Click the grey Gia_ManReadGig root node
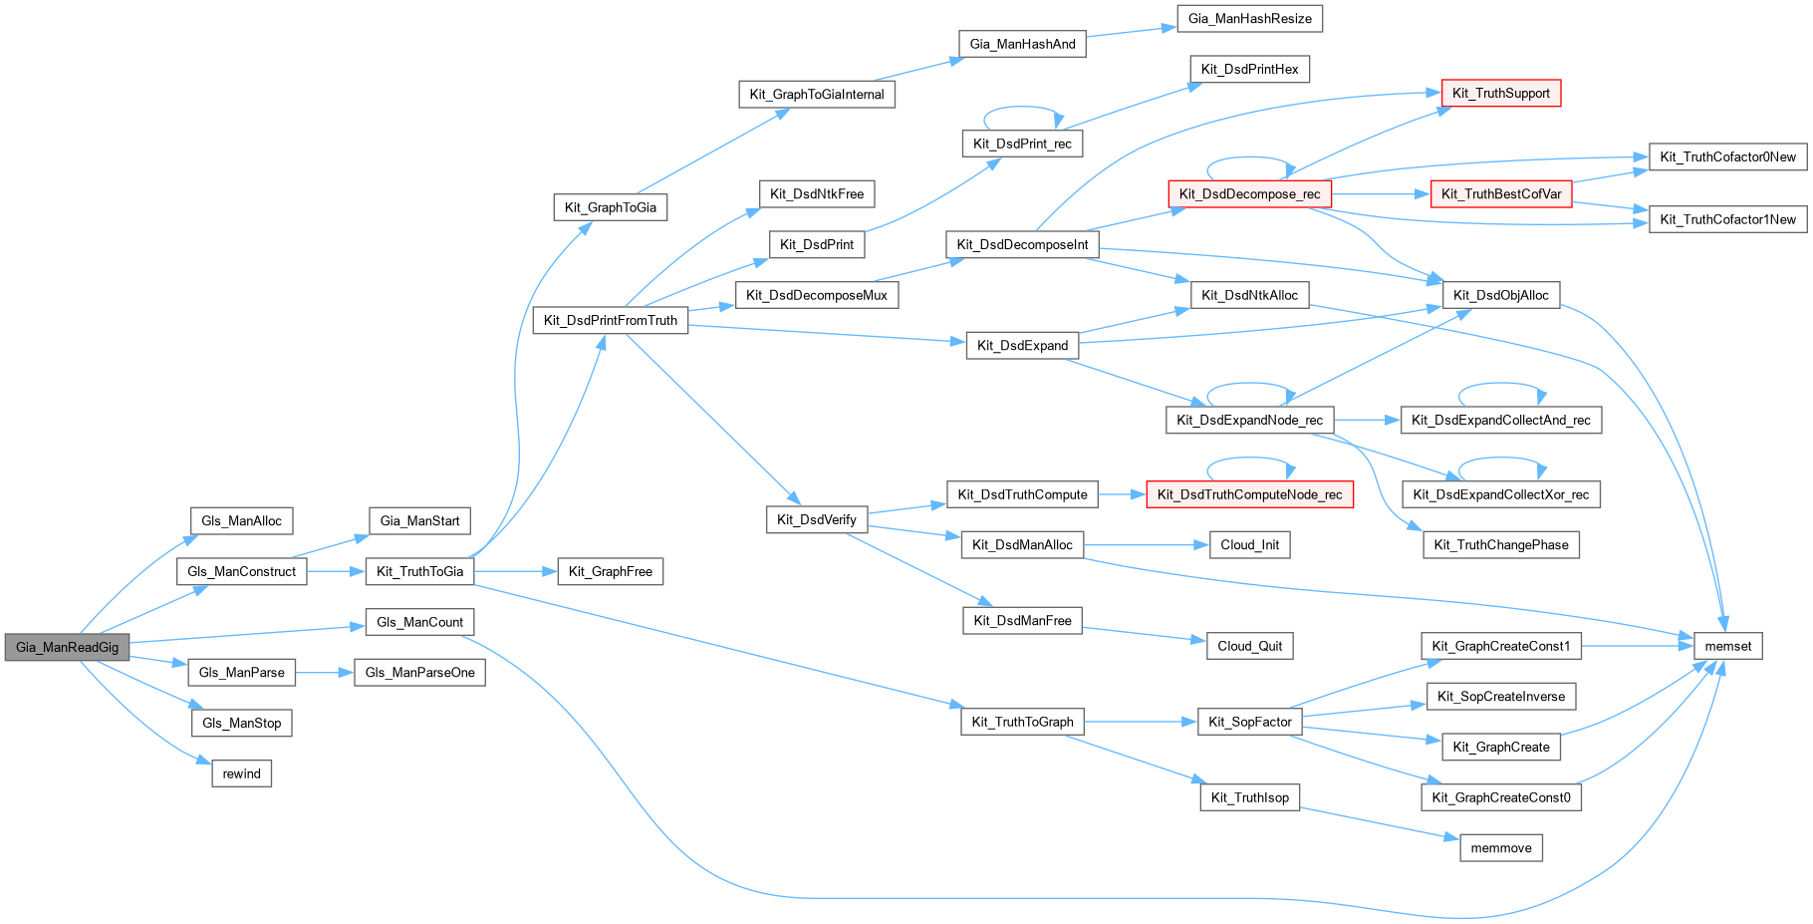(x=67, y=647)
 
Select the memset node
(x=1727, y=646)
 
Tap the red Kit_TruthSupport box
(x=1500, y=93)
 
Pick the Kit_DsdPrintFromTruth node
(x=610, y=320)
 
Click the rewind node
(x=241, y=773)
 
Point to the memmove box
(x=1500, y=848)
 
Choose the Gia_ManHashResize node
(x=1249, y=18)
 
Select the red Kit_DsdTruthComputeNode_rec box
(x=1249, y=494)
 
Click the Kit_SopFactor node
(x=1249, y=722)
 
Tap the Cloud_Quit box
(x=1249, y=646)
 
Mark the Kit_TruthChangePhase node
(x=1500, y=544)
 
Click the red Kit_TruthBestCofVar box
(x=1500, y=193)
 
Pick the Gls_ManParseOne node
(x=419, y=672)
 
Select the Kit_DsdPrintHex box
(x=1249, y=69)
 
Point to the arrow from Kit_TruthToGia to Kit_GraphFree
(x=514, y=571)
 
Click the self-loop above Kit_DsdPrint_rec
(x=1023, y=108)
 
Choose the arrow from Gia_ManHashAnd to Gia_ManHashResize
(x=1132, y=33)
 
